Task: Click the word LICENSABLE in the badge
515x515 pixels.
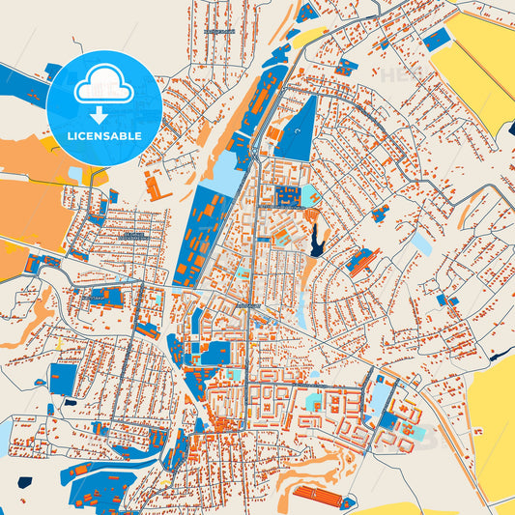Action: pos(103,136)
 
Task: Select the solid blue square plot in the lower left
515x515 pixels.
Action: pos(63,380)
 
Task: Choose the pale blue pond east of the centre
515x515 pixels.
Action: pos(422,243)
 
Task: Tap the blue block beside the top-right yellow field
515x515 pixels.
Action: pos(438,40)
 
